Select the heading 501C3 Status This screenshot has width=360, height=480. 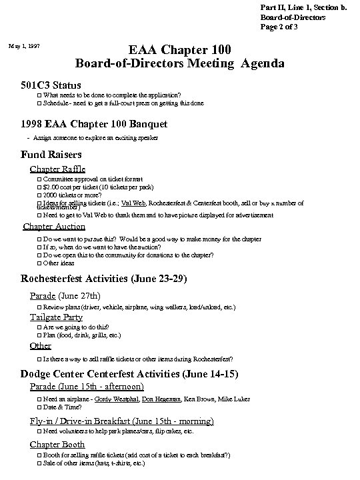click(51, 85)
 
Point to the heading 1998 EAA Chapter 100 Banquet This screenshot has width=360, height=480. click(94, 124)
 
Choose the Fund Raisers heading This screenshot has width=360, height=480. click(53, 155)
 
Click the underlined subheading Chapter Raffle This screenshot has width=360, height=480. click(58, 169)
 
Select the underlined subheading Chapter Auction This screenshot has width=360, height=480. click(54, 227)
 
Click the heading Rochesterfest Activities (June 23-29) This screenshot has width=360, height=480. click(105, 279)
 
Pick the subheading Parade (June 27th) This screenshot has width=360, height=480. click(65, 295)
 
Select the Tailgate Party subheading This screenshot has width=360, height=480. click(57, 317)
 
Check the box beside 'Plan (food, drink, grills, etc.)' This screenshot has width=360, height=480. click(39, 335)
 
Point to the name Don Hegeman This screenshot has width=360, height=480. click(161, 399)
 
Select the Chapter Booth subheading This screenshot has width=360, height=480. click(58, 445)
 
